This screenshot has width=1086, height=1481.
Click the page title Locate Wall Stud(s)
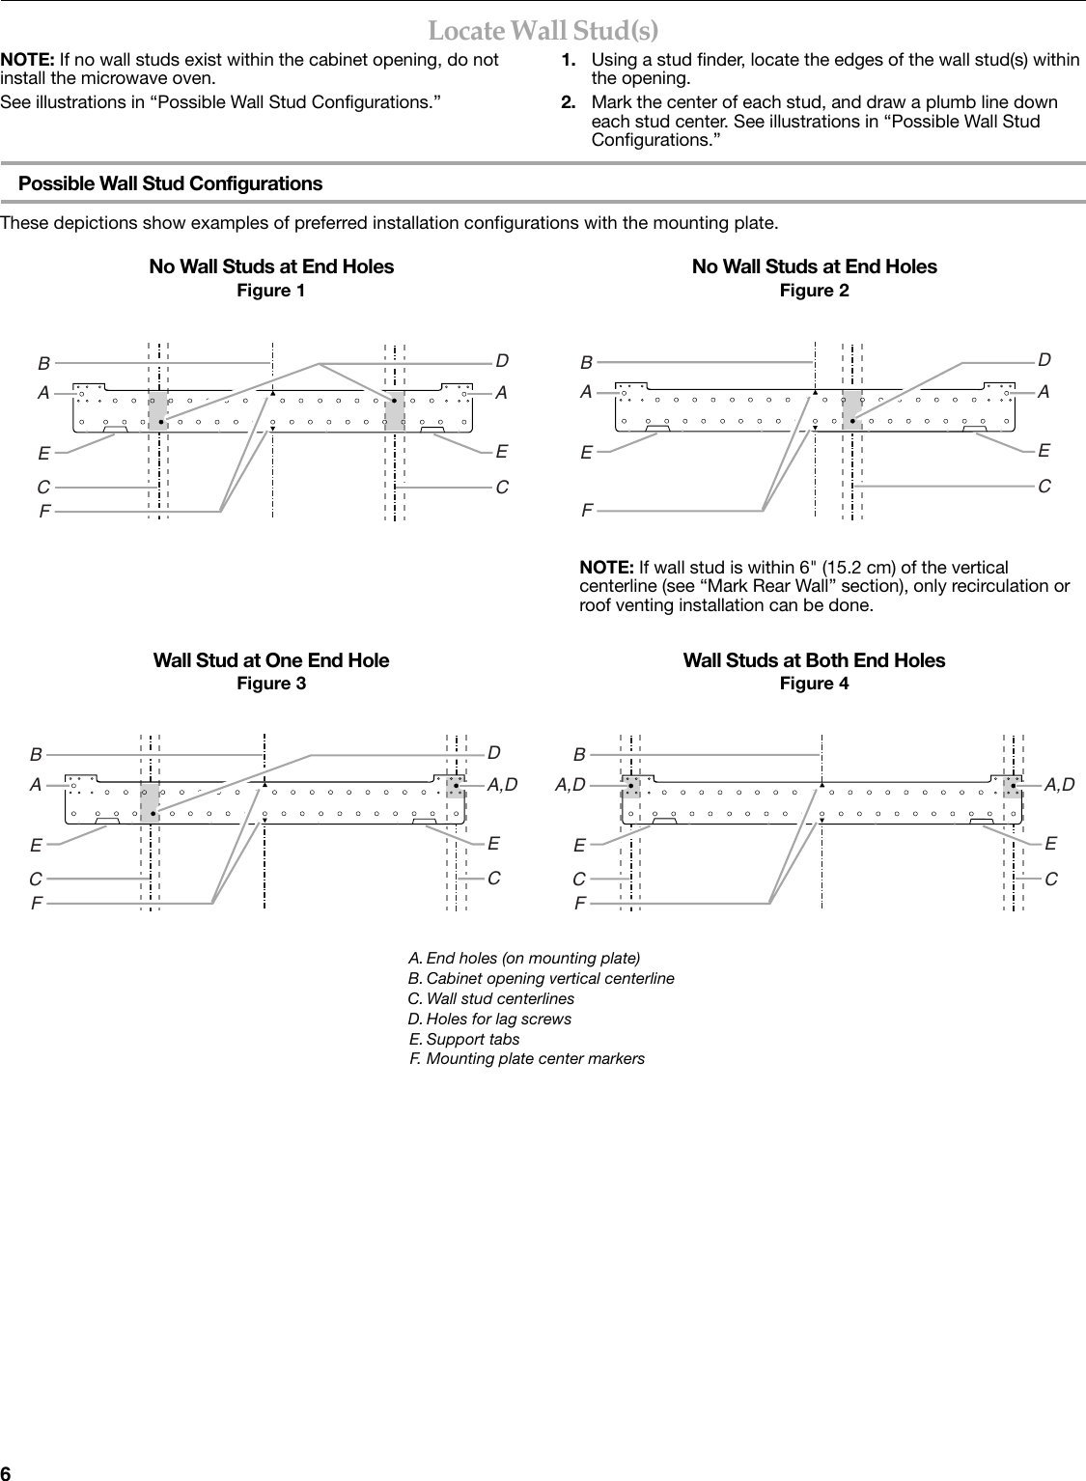(x=543, y=31)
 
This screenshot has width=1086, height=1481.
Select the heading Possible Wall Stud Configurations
(x=171, y=183)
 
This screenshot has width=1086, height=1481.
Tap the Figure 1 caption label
(x=271, y=291)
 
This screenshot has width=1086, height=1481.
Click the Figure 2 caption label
(x=814, y=291)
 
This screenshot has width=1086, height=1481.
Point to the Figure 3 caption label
(x=271, y=684)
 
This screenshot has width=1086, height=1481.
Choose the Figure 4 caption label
(x=814, y=684)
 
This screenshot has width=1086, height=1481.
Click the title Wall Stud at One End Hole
(x=271, y=660)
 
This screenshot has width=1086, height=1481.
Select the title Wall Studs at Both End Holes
(x=814, y=660)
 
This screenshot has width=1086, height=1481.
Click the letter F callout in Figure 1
(x=44, y=512)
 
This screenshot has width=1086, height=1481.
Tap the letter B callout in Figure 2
(x=586, y=364)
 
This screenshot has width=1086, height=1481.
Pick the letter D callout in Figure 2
(x=1044, y=360)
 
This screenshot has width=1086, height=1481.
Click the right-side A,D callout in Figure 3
(x=502, y=785)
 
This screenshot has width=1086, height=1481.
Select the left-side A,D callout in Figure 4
(x=570, y=786)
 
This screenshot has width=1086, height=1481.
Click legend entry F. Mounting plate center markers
(x=526, y=1059)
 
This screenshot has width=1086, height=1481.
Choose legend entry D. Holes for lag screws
(x=489, y=1019)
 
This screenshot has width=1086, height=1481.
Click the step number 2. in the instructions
(x=570, y=102)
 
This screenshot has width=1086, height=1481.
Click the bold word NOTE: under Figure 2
(x=605, y=567)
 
